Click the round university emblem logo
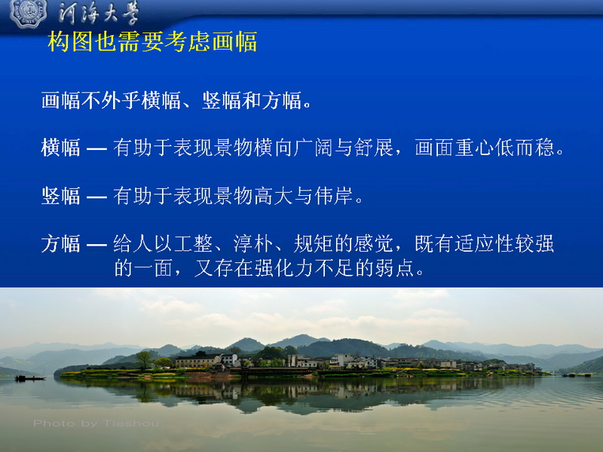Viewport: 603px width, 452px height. click(28, 13)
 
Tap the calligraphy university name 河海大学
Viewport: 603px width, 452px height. click(99, 14)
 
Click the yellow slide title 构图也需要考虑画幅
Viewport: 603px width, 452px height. click(152, 41)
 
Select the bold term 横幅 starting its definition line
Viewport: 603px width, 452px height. click(60, 148)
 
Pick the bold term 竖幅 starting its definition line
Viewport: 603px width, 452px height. click(60, 196)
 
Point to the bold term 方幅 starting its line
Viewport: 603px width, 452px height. click(60, 244)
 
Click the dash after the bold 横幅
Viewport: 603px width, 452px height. click(96, 148)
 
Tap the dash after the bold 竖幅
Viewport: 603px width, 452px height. click(96, 197)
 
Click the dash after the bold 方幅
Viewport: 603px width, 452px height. click(96, 245)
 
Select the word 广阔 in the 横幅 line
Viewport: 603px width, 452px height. click(313, 148)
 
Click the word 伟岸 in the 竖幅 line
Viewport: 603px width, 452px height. click(333, 196)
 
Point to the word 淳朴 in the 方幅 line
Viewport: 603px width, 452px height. click(253, 244)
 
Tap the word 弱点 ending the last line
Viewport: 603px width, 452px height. click(394, 268)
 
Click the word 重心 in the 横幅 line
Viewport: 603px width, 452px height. click(474, 148)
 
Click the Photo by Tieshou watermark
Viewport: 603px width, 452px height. click(96, 423)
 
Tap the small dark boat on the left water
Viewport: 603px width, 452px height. click(30, 378)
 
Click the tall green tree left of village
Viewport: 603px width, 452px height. click(144, 360)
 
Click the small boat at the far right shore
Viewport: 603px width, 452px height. click(576, 374)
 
